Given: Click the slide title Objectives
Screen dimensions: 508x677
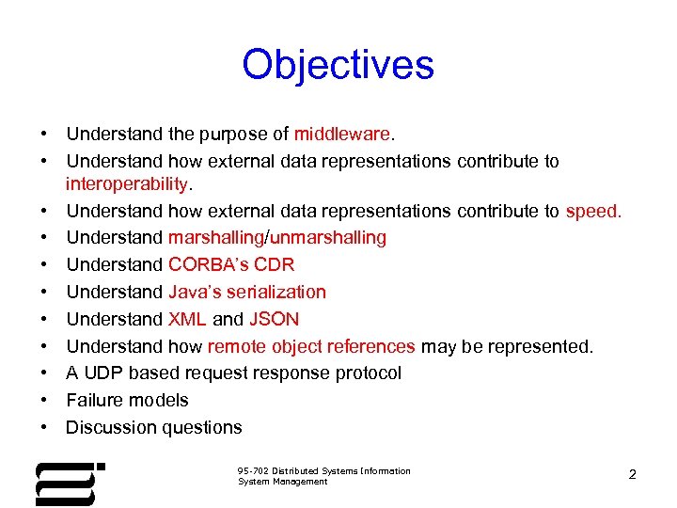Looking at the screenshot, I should pyautogui.click(x=338, y=65).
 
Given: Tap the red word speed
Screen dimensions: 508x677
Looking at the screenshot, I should pyautogui.click(x=593, y=211).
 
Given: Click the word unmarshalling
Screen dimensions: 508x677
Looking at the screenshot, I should pyautogui.click(x=328, y=238).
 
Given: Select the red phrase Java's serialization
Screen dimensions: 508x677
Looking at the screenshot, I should pyautogui.click(x=247, y=292).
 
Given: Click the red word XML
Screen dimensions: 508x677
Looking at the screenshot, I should pyautogui.click(x=187, y=319).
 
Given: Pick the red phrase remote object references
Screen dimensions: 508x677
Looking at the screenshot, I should pyautogui.click(x=311, y=346).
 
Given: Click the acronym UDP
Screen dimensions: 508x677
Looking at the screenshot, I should pyautogui.click(x=102, y=373).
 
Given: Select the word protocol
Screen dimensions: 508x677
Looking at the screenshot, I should pyautogui.click(x=367, y=373).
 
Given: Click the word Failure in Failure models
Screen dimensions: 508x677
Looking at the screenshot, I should pyautogui.click(x=94, y=400).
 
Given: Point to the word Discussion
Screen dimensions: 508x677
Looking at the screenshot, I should pyautogui.click(x=111, y=427).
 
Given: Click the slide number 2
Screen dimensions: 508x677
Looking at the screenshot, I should pyautogui.click(x=632, y=475).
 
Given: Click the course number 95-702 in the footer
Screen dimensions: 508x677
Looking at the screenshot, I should pyautogui.click(x=257, y=471).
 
